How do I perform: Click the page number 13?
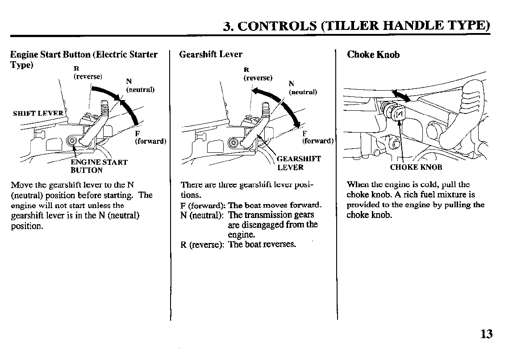(487, 334)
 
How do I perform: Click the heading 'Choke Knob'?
(373, 55)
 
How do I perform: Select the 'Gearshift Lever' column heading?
(210, 54)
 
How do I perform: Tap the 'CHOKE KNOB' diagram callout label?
(416, 167)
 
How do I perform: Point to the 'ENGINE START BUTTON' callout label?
(99, 166)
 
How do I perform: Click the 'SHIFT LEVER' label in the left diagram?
(38, 113)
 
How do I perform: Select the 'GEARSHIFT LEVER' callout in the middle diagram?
(299, 163)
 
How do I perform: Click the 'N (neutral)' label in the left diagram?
(140, 85)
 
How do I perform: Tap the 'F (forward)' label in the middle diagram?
(317, 138)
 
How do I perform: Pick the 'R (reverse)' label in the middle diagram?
(258, 74)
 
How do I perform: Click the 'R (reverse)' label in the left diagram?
(88, 73)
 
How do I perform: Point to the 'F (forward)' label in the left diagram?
(150, 138)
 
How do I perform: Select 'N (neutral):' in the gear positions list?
(203, 215)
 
